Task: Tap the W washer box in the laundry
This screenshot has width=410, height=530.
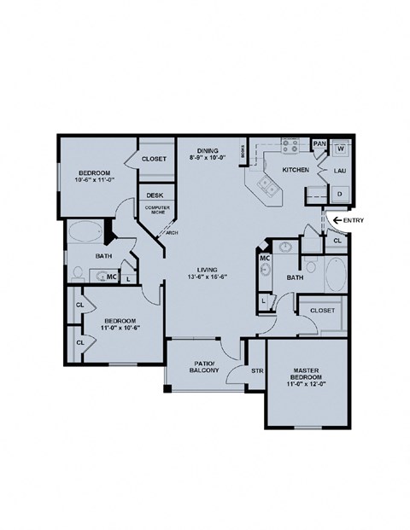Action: (x=339, y=149)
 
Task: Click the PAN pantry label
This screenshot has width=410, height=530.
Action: (x=319, y=144)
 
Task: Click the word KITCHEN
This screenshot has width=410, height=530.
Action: (x=295, y=171)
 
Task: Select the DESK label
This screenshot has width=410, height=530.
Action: (x=154, y=195)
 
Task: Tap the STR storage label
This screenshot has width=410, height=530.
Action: (x=255, y=370)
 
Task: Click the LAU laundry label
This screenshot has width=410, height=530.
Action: (x=339, y=172)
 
